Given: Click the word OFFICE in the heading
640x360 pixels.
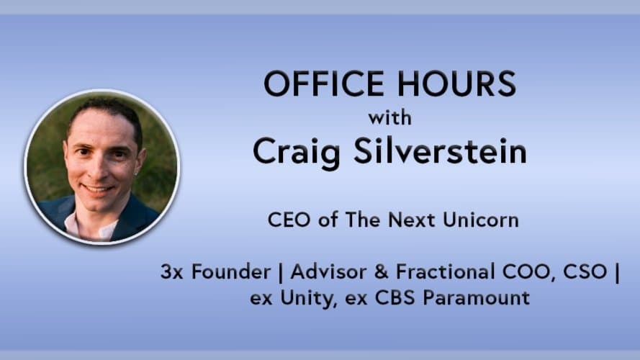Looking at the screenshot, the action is (x=324, y=84).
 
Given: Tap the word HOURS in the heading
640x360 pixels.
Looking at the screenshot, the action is (x=456, y=84).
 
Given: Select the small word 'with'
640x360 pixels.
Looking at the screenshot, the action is (x=389, y=118).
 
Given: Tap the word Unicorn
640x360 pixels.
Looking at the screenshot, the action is (x=481, y=220).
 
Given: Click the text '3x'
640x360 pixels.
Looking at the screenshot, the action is (x=171, y=272).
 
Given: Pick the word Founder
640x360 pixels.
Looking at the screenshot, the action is (x=231, y=272).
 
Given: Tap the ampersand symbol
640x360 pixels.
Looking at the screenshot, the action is (x=381, y=272).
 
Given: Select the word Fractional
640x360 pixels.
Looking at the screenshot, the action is (x=446, y=272).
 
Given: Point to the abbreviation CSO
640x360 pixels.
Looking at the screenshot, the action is (x=585, y=272).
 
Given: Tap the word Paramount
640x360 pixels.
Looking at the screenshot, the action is (x=477, y=297).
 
